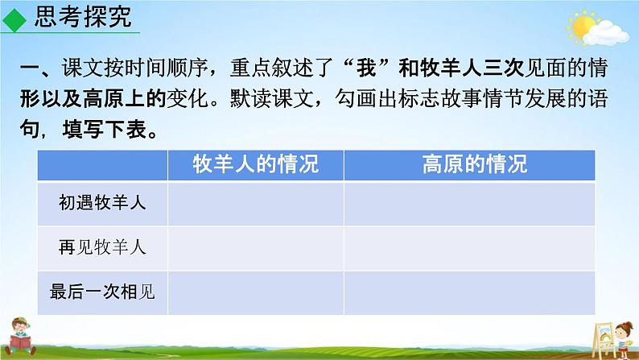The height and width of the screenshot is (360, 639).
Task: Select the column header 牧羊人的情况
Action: click(256, 165)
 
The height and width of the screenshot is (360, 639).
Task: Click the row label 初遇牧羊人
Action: click(102, 204)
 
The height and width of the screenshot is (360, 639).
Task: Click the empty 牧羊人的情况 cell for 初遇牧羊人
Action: click(256, 204)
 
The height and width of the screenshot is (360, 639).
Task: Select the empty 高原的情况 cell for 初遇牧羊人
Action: click(470, 204)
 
